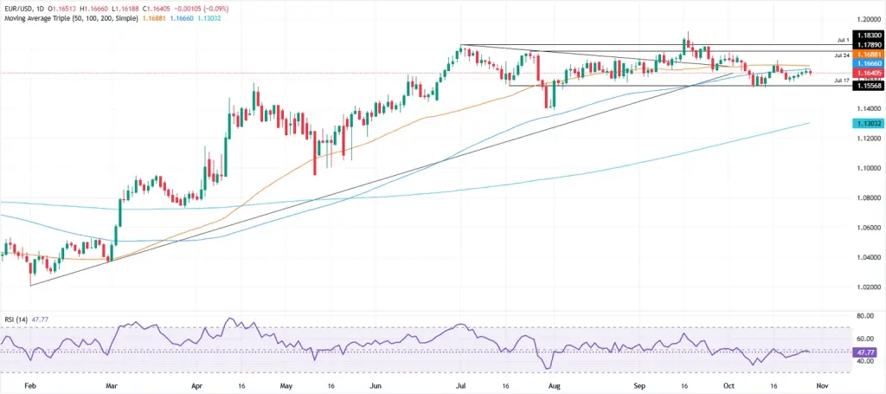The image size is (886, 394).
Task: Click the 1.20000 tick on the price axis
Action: click(x=866, y=19)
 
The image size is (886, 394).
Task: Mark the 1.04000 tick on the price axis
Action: click(x=866, y=257)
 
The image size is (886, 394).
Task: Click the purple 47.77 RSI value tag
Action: click(x=866, y=352)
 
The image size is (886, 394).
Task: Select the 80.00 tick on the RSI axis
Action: click(x=866, y=317)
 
